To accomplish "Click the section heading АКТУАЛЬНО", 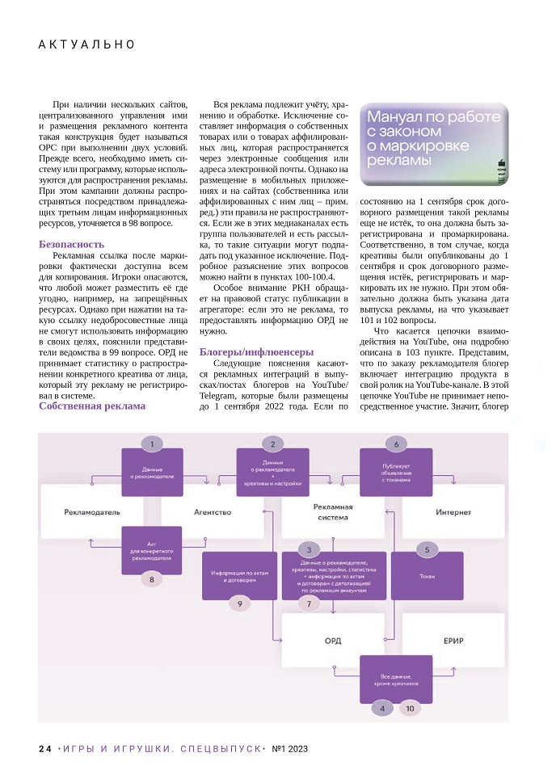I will tap(87, 44).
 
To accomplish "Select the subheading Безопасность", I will tap(71, 244).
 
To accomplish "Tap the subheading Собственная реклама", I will tap(92, 406).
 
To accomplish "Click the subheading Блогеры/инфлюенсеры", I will tap(256, 351).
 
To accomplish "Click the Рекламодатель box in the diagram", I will tap(92, 512).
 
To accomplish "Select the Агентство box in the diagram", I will tap(213, 512).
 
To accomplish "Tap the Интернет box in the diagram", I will tap(453, 512).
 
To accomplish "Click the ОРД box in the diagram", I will tap(333, 641).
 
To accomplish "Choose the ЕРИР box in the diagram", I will tap(453, 641).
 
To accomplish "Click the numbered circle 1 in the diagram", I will tap(152, 444).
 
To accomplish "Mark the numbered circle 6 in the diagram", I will tap(396, 444).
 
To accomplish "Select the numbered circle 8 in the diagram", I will tap(152, 578).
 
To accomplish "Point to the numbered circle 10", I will tap(410, 709).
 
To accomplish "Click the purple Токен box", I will tap(427, 577).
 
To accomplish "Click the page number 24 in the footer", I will tap(45, 749).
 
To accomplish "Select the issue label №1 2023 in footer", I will tap(289, 749).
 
